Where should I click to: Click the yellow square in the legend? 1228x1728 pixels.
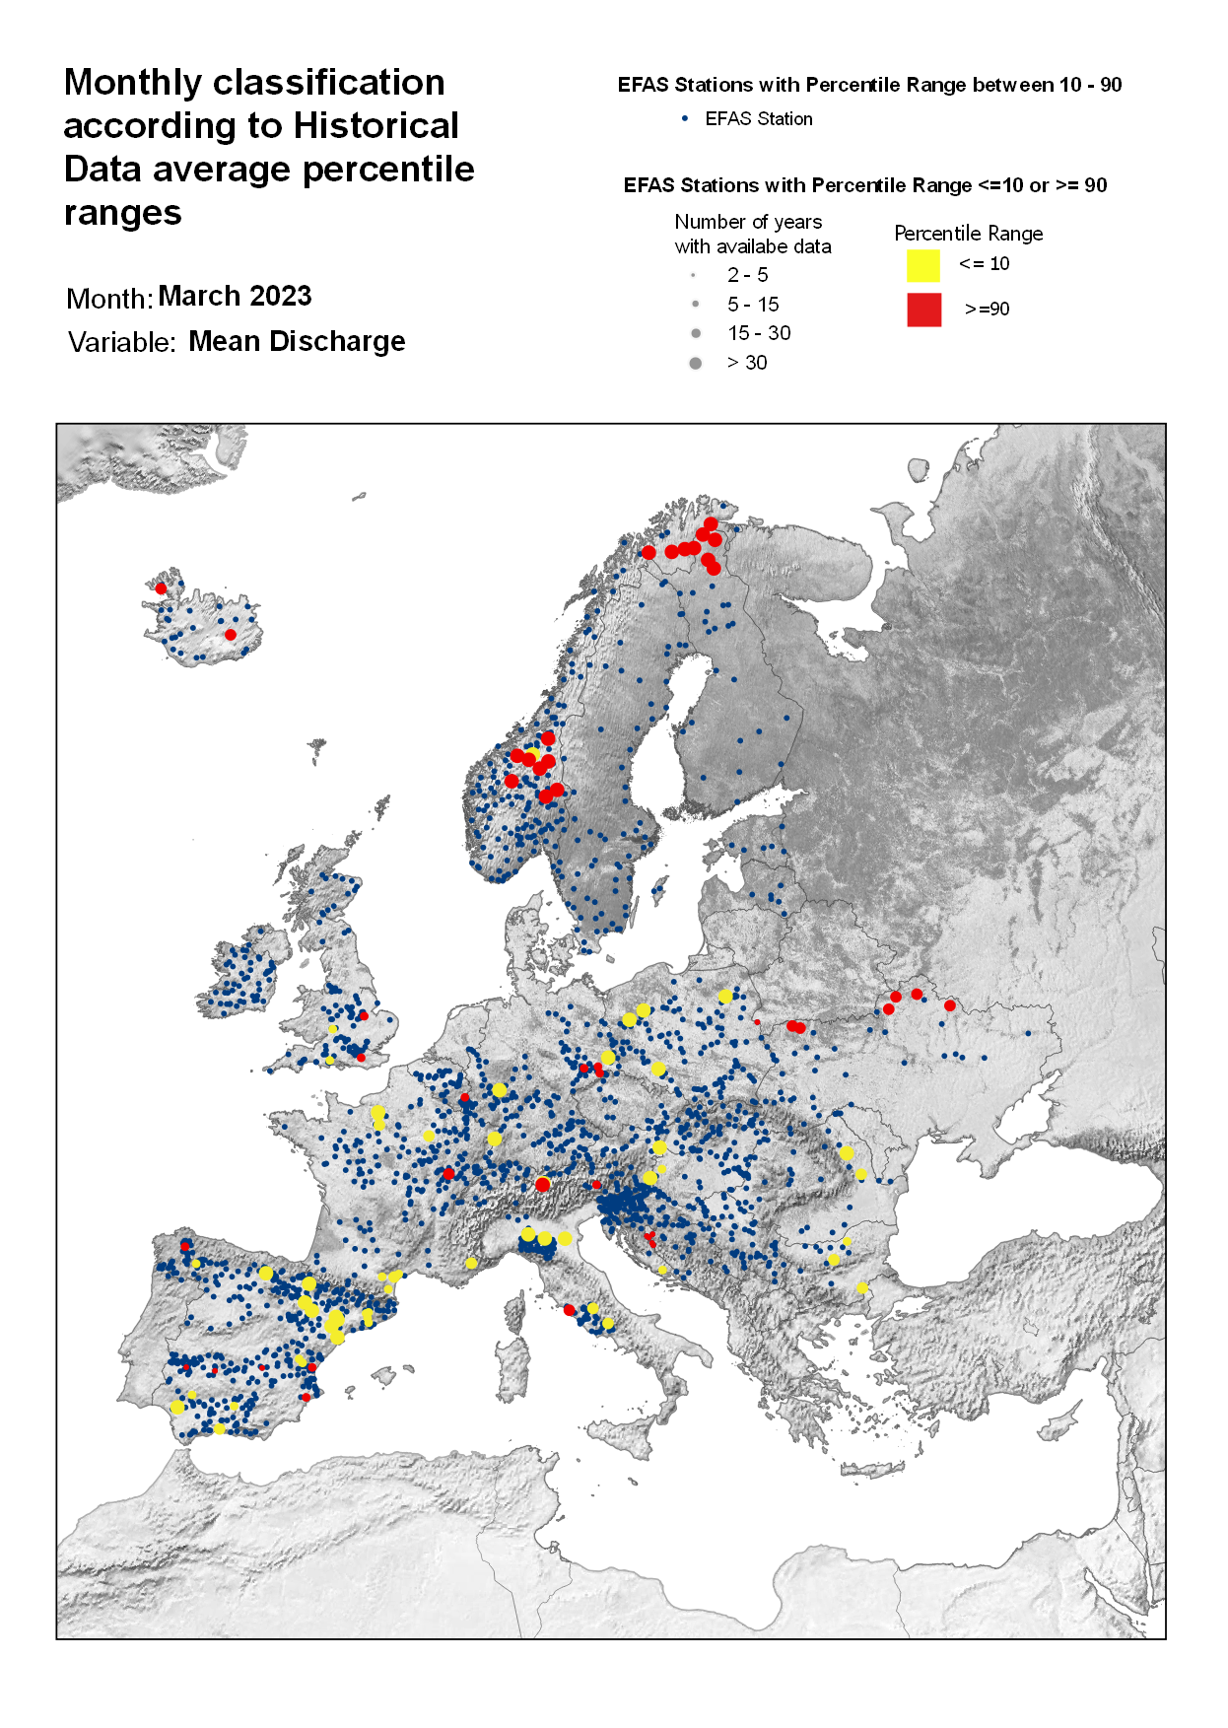(922, 266)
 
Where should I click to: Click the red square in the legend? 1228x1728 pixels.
(923, 310)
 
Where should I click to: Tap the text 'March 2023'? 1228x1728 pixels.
(235, 297)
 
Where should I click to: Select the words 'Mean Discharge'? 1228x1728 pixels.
(297, 342)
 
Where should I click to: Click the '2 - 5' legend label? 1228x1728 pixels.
(747, 275)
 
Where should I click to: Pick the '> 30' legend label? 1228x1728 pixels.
(746, 363)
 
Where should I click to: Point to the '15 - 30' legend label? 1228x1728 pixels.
(758, 333)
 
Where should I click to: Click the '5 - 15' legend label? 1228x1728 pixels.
(753, 305)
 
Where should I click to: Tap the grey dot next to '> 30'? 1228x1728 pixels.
(695, 364)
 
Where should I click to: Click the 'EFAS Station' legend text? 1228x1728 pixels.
(758, 119)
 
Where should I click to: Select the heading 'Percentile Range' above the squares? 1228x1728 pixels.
(968, 234)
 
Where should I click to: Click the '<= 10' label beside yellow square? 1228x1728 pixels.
(984, 264)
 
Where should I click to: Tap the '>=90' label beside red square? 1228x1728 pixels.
(987, 310)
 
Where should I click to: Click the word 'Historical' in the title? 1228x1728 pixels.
(375, 126)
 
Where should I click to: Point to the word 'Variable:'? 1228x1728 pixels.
(121, 343)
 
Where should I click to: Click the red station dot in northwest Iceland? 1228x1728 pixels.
(161, 588)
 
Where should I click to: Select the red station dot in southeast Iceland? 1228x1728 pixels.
(231, 635)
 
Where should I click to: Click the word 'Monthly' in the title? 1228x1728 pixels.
(133, 83)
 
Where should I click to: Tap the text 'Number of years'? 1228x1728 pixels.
(748, 222)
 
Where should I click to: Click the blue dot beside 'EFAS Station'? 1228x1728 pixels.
(685, 118)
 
